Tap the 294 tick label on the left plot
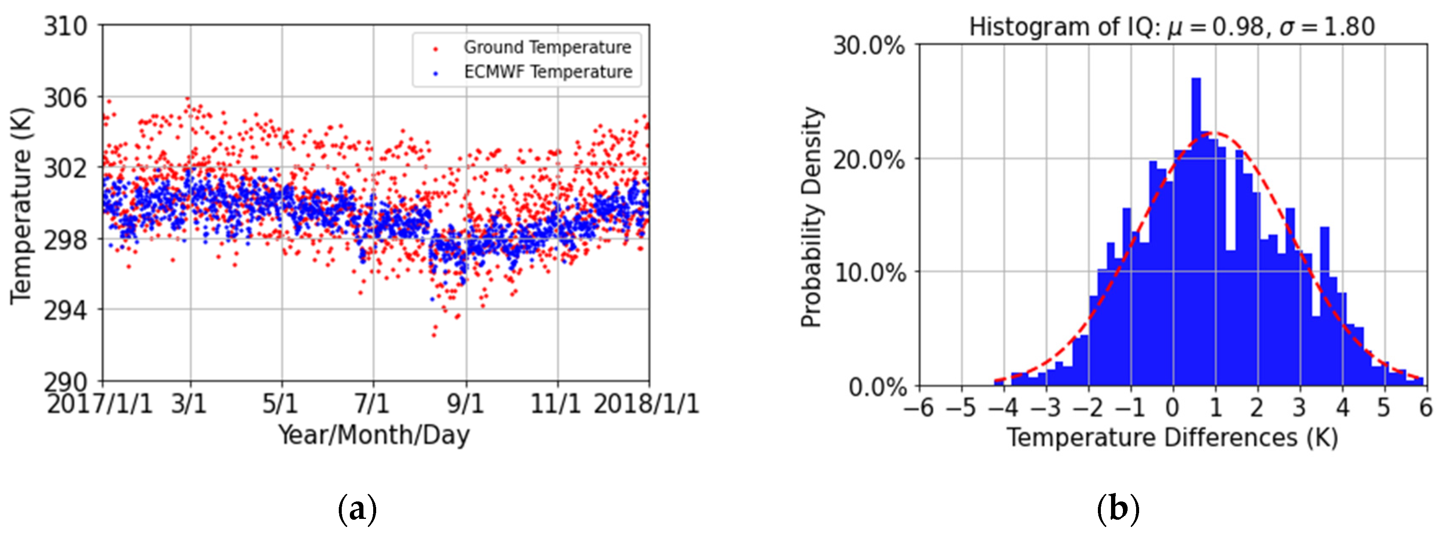66,310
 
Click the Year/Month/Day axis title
374,436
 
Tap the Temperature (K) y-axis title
21,205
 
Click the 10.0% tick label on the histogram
869,274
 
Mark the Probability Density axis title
812,217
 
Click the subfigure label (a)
357,510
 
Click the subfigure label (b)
1118,510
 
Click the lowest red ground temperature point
434,335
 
